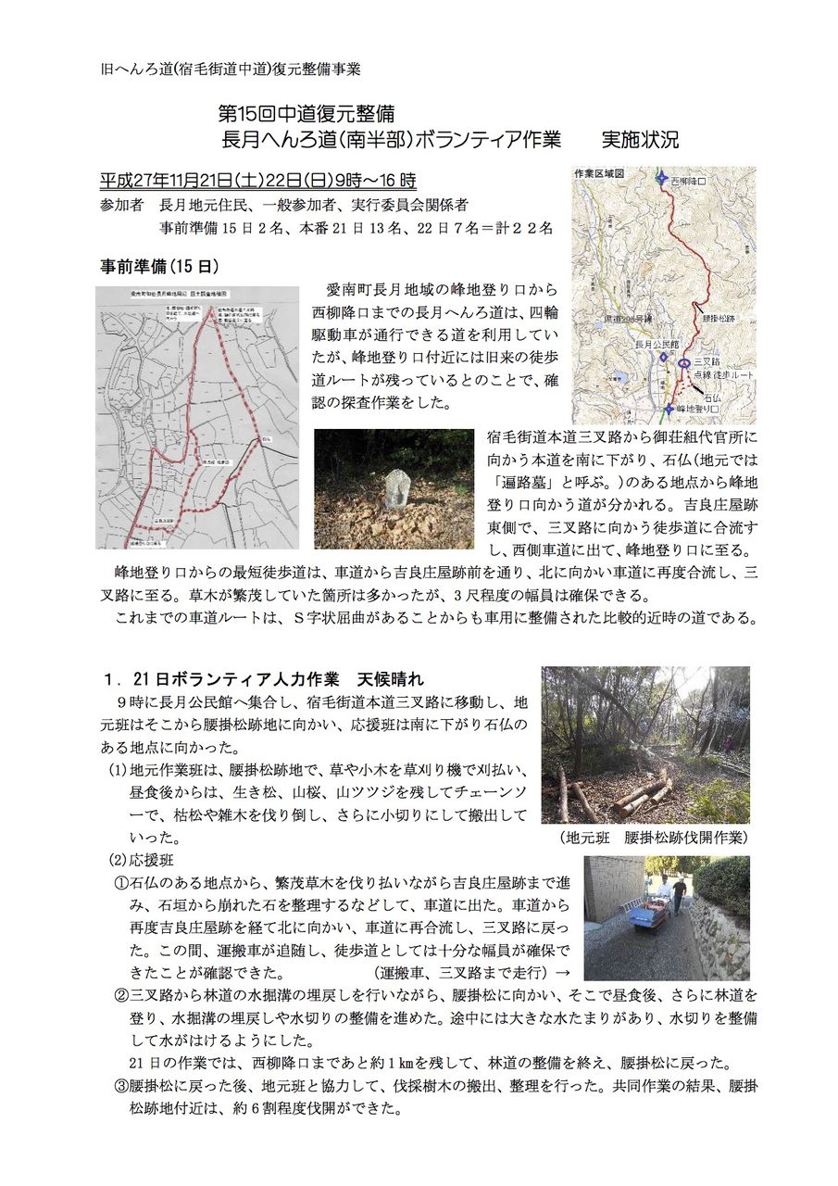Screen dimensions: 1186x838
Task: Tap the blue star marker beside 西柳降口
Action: click(660, 179)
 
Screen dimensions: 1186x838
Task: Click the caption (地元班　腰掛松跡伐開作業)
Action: click(654, 837)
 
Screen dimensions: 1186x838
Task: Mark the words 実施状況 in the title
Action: click(640, 140)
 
